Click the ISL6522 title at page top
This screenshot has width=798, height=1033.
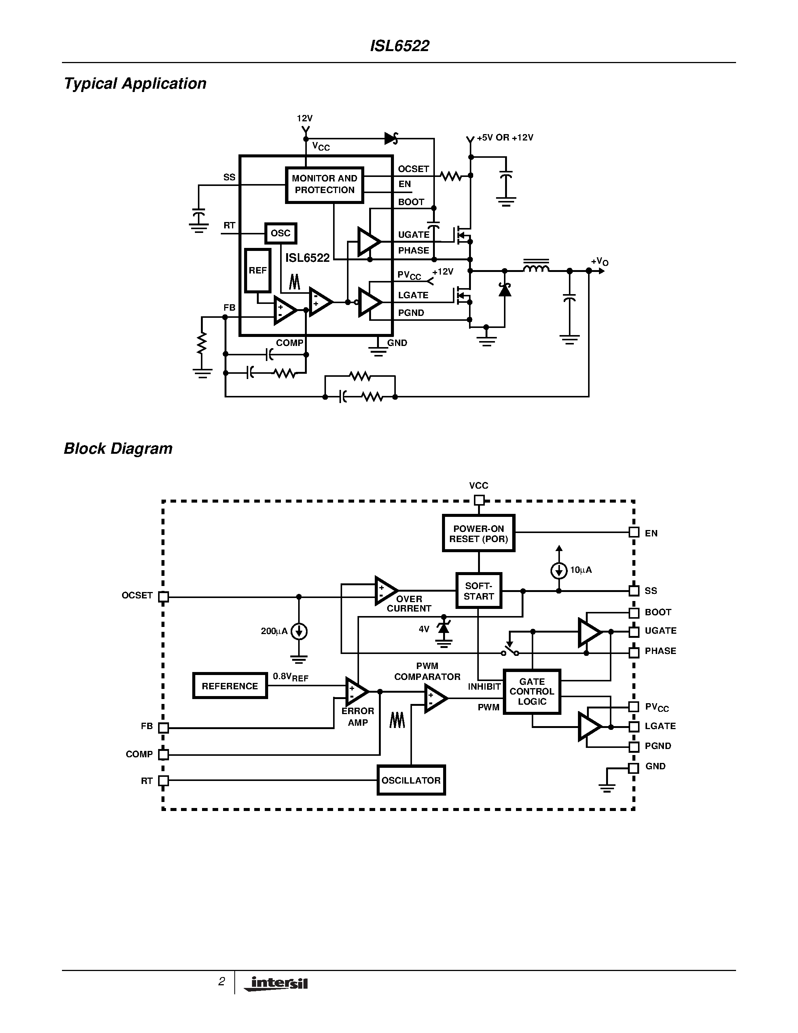[400, 46]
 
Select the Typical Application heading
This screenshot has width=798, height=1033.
[135, 84]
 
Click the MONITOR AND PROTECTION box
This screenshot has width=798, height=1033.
[324, 184]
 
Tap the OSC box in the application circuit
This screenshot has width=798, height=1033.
[281, 233]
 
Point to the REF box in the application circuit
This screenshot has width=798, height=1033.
[258, 270]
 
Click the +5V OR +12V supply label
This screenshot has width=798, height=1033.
[504, 137]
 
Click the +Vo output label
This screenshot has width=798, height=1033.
[599, 261]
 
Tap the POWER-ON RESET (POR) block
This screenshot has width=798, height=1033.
[478, 533]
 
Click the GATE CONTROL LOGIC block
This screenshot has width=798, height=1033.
[532, 692]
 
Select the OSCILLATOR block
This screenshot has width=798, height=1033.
[411, 780]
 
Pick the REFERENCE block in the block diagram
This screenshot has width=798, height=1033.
[230, 686]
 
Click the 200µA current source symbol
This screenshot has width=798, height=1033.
[299, 631]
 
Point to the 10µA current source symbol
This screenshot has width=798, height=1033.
[559, 571]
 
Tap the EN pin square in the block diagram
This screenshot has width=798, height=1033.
[634, 533]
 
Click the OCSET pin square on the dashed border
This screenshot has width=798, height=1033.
[163, 597]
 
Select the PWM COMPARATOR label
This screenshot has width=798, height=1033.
[427, 671]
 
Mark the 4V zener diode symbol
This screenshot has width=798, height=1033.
[444, 628]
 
